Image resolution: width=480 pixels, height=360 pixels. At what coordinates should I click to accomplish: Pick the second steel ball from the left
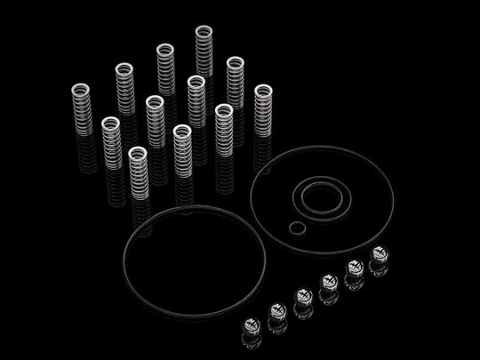tap(276, 309)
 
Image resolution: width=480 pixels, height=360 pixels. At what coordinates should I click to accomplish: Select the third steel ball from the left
tap(301, 296)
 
